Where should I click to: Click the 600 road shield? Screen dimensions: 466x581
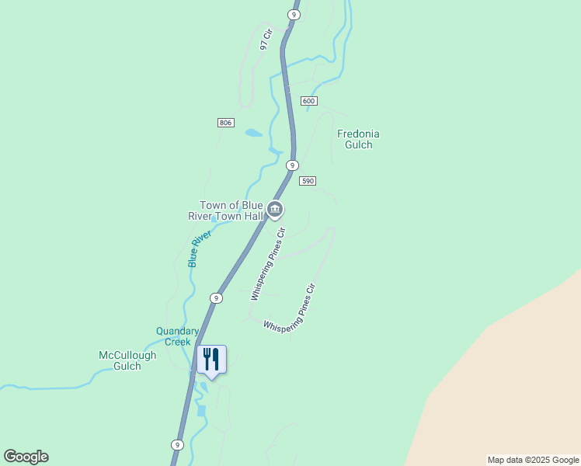pyautogui.click(x=309, y=101)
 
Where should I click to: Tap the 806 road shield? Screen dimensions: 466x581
pyautogui.click(x=225, y=123)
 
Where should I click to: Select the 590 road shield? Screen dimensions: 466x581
pyautogui.click(x=308, y=180)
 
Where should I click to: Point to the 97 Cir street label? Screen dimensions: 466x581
pyautogui.click(x=268, y=40)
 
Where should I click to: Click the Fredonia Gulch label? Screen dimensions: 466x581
pyautogui.click(x=358, y=139)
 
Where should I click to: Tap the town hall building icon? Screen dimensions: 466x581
pyautogui.click(x=274, y=209)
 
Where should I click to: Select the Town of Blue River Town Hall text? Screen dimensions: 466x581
pyautogui.click(x=226, y=211)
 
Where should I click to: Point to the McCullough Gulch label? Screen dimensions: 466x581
pyautogui.click(x=127, y=360)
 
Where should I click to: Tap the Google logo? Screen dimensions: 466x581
pyautogui.click(x=26, y=457)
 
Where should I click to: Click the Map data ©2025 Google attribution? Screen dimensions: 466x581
pyautogui.click(x=532, y=460)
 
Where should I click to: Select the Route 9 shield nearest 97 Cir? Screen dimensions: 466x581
pyautogui.click(x=293, y=15)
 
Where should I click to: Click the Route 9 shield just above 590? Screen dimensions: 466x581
pyautogui.click(x=292, y=165)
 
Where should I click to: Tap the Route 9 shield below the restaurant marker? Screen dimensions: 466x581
pyautogui.click(x=178, y=445)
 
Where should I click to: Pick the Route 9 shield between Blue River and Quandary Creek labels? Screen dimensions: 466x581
pyautogui.click(x=216, y=298)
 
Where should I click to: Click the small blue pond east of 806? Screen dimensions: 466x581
pyautogui.click(x=254, y=133)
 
